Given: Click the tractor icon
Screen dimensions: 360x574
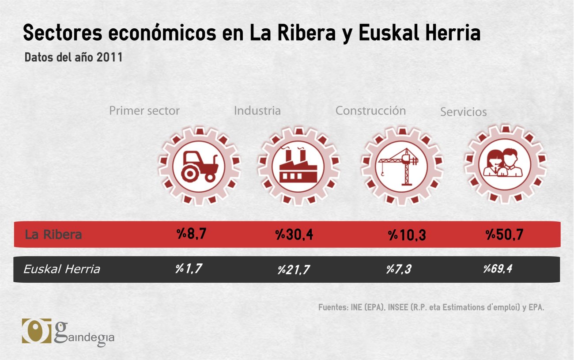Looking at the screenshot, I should point(199,166).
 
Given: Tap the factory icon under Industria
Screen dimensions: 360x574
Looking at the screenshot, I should point(298,166).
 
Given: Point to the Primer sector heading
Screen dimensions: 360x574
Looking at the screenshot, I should point(144,110).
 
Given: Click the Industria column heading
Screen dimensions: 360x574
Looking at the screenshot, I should point(257,110).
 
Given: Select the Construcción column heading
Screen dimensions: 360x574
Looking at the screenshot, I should point(370,110).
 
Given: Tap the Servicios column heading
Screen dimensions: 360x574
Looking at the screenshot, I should point(463,112).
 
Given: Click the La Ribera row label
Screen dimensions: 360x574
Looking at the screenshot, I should point(53,234).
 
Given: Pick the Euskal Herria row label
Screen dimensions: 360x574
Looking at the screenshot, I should point(61,269).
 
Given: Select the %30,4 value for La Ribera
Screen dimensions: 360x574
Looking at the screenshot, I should point(294,235).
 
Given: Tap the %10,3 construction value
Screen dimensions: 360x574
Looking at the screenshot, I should point(407,235).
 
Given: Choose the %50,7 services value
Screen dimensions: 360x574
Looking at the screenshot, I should point(504,235).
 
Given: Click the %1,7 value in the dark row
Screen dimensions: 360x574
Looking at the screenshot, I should point(189,268).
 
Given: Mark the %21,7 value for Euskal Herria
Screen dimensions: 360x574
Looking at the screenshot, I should point(293,269).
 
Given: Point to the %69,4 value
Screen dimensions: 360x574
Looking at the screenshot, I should point(498,268).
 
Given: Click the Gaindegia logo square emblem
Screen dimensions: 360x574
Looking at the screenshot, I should point(37,330).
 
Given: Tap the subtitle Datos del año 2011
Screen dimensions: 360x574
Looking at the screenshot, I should point(73,57).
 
